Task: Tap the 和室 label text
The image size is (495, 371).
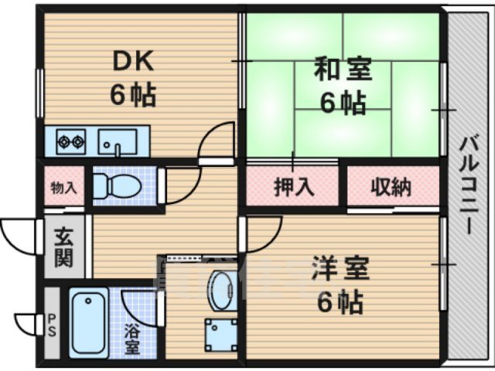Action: tap(342, 70)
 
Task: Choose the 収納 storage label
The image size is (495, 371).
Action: tap(390, 186)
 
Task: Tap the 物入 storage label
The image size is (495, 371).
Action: tap(63, 186)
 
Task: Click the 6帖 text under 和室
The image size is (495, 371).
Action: tap(342, 103)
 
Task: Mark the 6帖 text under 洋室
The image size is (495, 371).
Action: tap(340, 303)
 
